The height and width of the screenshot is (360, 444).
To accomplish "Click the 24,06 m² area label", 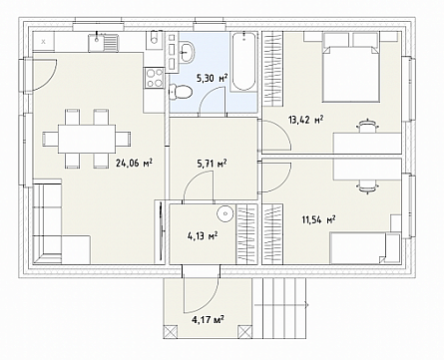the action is tap(134, 163).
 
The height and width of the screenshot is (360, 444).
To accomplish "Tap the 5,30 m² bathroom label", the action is tap(212, 79).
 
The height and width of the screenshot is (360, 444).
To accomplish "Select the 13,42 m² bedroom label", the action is tap(306, 120).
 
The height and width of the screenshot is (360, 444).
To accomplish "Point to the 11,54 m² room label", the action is tap(318, 219).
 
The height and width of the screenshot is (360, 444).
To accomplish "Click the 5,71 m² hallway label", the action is tap(212, 164).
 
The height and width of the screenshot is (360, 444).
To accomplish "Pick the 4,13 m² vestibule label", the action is tap(203, 236).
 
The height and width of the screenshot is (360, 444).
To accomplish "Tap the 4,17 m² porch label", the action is tap(208, 320).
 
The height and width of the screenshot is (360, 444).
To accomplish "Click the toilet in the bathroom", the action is tap(181, 92).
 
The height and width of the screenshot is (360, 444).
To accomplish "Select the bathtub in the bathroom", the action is tap(243, 61).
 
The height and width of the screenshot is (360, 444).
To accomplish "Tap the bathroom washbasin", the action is tap(187, 52).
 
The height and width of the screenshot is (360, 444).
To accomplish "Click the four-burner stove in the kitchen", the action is tap(154, 78).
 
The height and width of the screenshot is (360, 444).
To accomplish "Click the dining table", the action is tap(87, 139).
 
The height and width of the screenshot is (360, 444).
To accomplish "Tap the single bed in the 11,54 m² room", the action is tap(364, 248).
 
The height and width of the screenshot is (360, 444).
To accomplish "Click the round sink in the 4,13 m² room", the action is tap(225, 212).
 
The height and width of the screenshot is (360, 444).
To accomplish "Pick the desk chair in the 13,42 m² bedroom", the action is tap(367, 126).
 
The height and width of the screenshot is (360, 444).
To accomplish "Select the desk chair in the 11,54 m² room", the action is tap(367, 186).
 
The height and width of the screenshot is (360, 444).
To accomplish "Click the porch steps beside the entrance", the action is tap(279, 305).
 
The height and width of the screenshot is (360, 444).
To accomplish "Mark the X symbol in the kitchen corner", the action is tap(43, 42).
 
